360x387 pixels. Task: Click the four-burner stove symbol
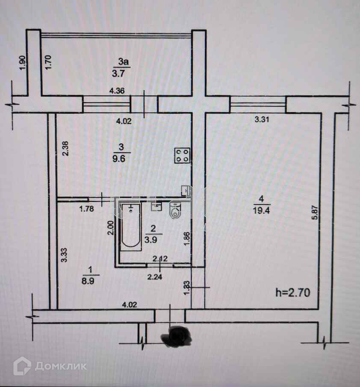[182, 155]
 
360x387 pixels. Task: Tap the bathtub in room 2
[130, 227]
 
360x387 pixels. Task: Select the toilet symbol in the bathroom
[175, 211]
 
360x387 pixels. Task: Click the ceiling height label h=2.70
[293, 293]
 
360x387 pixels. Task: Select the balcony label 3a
[123, 63]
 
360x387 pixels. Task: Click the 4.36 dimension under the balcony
[117, 91]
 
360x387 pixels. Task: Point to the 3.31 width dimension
[262, 120]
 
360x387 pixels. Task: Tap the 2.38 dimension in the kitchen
[65, 148]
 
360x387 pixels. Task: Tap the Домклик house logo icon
[22, 366]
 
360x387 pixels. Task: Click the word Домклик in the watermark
[61, 366]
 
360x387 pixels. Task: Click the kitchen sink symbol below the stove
[186, 190]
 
